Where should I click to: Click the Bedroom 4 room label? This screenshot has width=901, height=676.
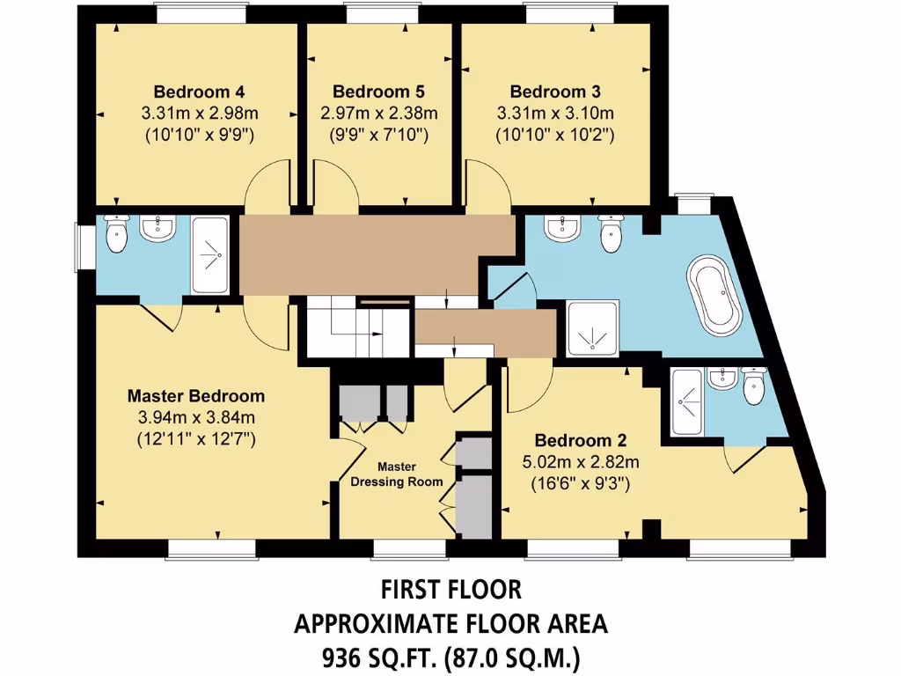click(x=199, y=92)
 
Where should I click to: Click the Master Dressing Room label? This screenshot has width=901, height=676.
click(x=397, y=474)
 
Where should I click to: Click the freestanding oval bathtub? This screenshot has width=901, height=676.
click(x=719, y=295)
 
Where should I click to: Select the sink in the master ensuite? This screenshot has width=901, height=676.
click(x=158, y=229)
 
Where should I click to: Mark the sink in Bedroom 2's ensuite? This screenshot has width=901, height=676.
click(x=722, y=378)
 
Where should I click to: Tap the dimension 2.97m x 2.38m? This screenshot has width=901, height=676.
click(x=378, y=114)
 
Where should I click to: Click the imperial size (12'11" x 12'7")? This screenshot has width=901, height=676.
click(x=195, y=437)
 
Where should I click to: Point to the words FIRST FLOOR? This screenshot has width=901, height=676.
click(x=450, y=588)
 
